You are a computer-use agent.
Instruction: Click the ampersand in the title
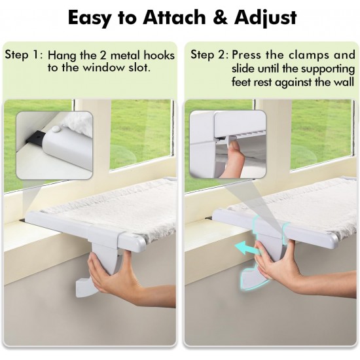coord(220,18)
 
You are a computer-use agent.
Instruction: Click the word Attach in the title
coord(174,18)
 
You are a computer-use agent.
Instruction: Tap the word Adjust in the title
coord(265,18)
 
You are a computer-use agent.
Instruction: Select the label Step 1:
coord(24,55)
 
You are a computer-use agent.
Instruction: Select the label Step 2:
coord(209,55)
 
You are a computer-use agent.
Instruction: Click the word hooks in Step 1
coord(159,56)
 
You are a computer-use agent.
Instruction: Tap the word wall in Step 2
coord(344,82)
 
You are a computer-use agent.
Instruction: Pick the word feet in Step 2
coord(240,82)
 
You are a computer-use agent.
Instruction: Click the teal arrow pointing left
coord(247,249)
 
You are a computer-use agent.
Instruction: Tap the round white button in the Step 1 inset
coord(56,129)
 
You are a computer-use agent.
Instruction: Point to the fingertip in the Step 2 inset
coord(234,145)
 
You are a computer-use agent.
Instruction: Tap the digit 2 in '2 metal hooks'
coord(103,56)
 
